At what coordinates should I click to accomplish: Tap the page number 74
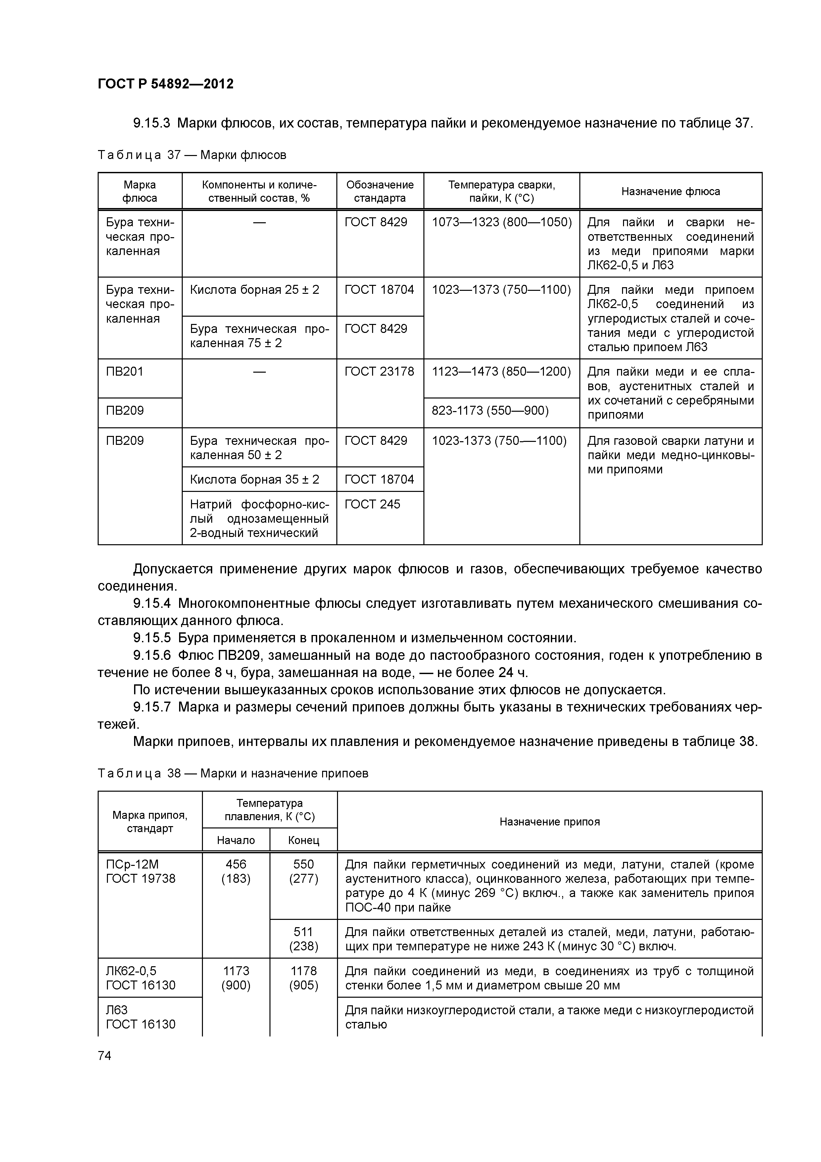105,1055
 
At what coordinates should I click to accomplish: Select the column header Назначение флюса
670,191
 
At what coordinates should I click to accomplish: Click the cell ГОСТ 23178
379,372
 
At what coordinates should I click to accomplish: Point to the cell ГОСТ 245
372,504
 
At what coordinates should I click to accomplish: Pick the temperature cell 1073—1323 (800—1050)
501,222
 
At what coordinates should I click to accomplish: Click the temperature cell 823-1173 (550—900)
490,410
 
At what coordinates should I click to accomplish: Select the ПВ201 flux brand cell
125,372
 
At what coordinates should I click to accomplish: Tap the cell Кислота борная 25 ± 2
255,290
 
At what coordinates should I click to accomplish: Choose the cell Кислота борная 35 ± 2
255,479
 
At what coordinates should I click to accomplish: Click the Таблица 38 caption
233,773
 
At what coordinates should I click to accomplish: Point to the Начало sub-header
236,840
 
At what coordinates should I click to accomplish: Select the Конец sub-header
304,840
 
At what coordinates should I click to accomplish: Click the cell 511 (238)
304,939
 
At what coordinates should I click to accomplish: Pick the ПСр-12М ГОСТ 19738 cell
141,871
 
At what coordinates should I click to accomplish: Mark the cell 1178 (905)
304,978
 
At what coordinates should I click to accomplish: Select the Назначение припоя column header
549,822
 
